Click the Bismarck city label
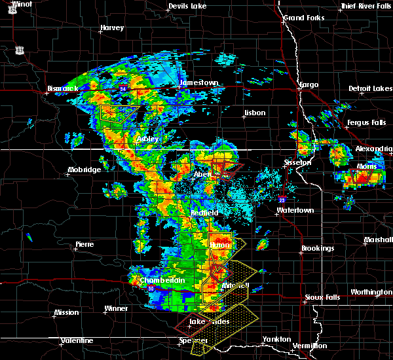(x=63, y=88)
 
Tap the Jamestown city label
(x=198, y=82)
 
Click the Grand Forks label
(x=305, y=17)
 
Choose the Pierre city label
(x=84, y=244)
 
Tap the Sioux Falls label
(x=322, y=297)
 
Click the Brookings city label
(x=318, y=249)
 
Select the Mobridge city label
(x=84, y=170)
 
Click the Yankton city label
(x=278, y=339)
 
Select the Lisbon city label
(x=254, y=113)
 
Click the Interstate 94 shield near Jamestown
(x=123, y=85)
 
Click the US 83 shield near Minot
(x=20, y=50)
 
